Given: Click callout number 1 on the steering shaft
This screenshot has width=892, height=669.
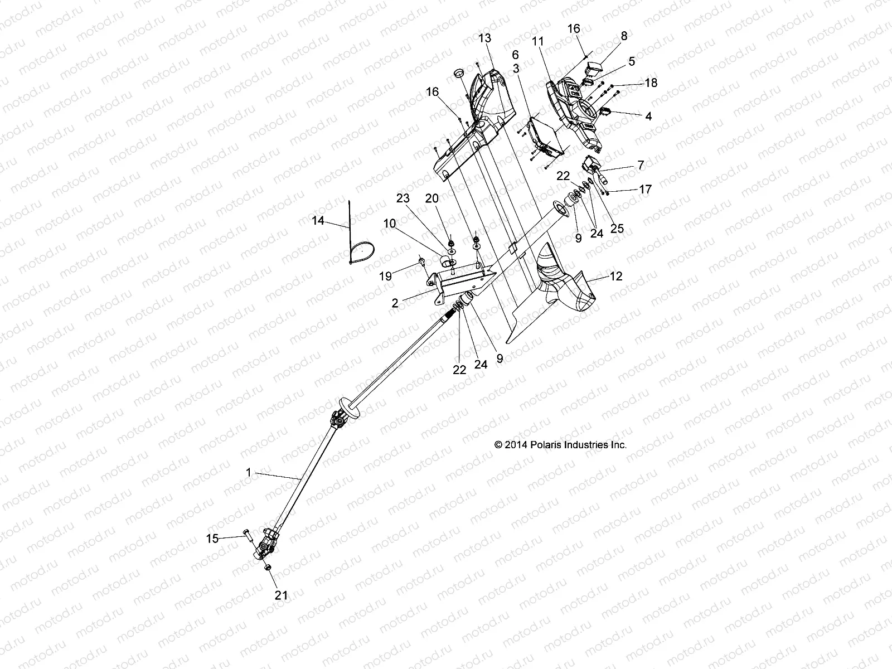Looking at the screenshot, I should (x=248, y=472).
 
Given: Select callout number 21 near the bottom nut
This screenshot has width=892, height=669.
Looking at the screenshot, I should (x=282, y=595).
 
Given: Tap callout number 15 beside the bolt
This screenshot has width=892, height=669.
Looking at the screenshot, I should (x=212, y=539).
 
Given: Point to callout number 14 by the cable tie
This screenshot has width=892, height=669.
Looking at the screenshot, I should (x=318, y=221).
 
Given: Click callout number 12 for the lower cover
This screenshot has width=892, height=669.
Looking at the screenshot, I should (x=616, y=276).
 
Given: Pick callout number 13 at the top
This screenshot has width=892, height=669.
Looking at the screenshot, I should (x=485, y=38).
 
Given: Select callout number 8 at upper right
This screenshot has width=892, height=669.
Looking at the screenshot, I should (x=624, y=36).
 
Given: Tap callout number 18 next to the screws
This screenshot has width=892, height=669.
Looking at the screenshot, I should (x=651, y=83).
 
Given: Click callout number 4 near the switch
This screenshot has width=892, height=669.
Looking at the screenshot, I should (x=648, y=117).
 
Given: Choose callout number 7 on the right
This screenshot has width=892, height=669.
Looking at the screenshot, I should (x=641, y=164).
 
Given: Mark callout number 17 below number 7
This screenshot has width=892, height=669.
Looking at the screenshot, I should (x=645, y=190).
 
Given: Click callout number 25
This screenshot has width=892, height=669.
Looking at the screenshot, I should (x=617, y=228).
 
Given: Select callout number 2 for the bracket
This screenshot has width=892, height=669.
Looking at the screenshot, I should (x=395, y=303).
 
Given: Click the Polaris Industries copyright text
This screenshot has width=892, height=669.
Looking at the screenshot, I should (x=560, y=445).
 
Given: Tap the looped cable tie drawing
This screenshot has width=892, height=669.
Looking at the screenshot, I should (x=361, y=252).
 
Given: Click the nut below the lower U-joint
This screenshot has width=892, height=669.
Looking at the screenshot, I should (x=267, y=567).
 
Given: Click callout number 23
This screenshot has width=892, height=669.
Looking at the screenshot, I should (x=403, y=198).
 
